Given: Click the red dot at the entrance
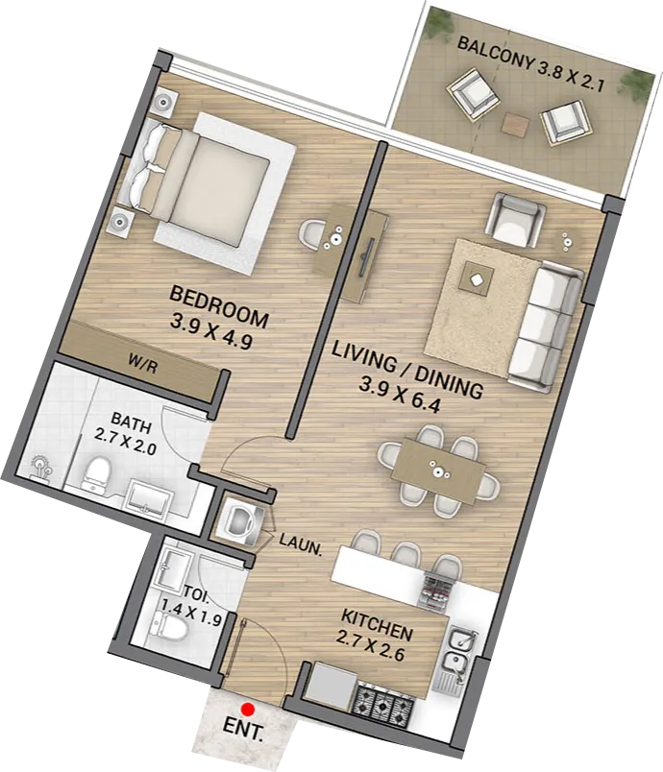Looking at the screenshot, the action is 248,709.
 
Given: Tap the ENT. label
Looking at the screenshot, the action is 243,730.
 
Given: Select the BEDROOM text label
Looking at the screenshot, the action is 219,307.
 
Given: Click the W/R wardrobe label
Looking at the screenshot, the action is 143,365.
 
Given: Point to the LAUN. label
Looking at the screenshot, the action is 301,543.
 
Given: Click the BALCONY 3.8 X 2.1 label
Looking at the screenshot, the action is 530,64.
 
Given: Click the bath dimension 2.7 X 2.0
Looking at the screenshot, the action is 126,441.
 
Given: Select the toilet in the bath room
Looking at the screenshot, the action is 94,475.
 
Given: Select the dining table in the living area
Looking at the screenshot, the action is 437,471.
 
